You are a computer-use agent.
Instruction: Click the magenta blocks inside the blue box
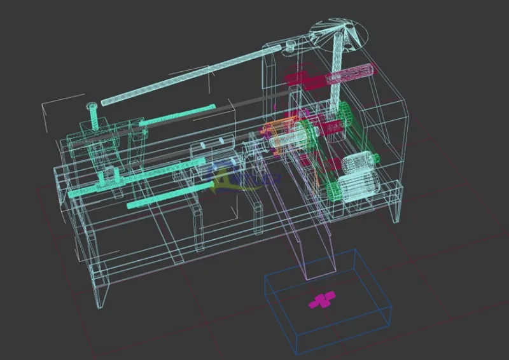click(323, 299)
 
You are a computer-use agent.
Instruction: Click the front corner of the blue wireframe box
click(296, 353)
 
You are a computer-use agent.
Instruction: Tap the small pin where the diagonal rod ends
click(290, 45)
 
